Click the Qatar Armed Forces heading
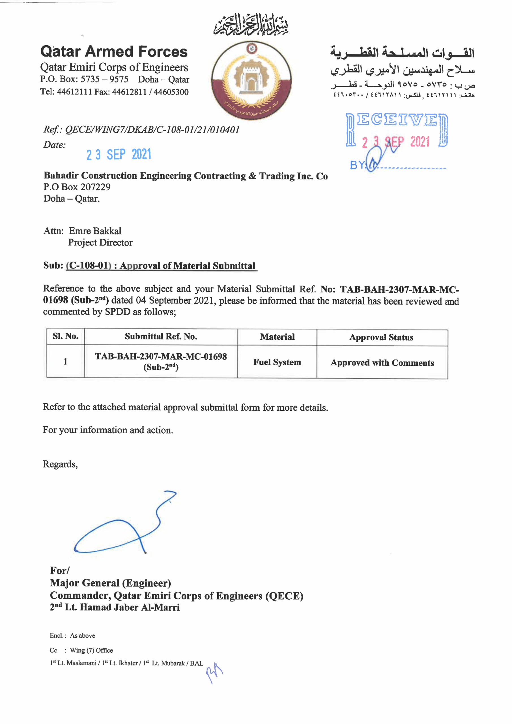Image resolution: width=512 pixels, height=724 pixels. (x=114, y=52)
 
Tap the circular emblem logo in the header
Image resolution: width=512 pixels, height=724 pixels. (x=251, y=81)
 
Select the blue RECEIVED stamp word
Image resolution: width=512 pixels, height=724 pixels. (x=397, y=120)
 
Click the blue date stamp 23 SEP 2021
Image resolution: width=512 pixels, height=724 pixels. (x=119, y=154)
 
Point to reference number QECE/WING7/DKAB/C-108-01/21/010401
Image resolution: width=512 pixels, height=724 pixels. (x=152, y=130)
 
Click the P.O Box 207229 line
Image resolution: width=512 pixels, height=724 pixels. (x=77, y=187)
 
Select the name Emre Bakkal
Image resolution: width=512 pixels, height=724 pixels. (x=95, y=231)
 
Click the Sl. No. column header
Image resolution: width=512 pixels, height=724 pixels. (x=66, y=336)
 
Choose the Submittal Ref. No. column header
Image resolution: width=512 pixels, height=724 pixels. (x=161, y=337)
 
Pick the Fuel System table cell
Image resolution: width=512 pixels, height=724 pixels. (x=277, y=362)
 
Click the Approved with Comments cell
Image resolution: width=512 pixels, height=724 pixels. (x=382, y=363)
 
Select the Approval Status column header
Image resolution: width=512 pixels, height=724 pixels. (x=381, y=337)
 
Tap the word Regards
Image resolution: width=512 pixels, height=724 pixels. (x=60, y=464)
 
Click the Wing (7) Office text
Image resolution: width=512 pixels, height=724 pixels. (x=91, y=650)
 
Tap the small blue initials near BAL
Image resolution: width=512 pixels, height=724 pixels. (x=214, y=672)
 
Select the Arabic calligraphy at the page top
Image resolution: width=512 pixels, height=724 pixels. (x=251, y=24)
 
